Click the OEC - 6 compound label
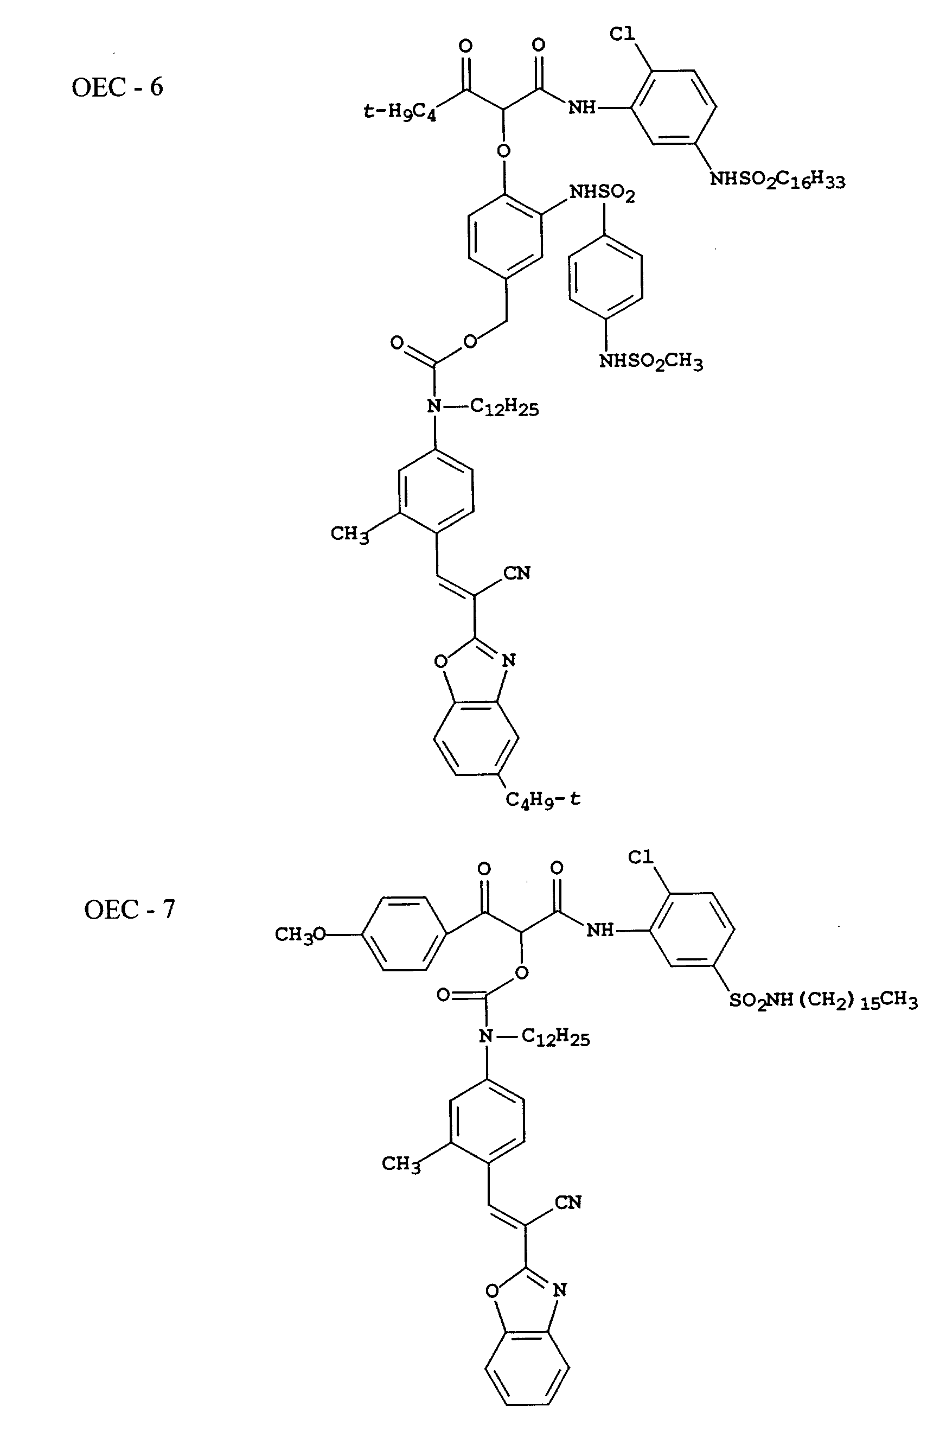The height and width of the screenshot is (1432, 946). click(117, 87)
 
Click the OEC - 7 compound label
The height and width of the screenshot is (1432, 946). click(129, 909)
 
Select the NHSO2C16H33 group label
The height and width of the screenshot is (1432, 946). click(777, 179)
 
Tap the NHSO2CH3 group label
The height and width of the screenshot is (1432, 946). click(650, 362)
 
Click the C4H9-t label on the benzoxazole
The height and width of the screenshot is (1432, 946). click(542, 800)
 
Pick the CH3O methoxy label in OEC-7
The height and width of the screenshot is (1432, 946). click(300, 935)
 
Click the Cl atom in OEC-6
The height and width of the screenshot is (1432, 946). click(622, 34)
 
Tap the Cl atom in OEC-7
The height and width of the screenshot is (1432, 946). click(641, 857)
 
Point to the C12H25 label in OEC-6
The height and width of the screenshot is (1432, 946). click(504, 408)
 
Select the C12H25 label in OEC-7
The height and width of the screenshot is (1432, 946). click(555, 1038)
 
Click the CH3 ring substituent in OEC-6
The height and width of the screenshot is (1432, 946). click(349, 534)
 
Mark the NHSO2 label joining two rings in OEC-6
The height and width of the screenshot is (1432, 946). click(602, 193)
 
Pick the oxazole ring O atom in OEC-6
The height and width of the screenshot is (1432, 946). click(441, 661)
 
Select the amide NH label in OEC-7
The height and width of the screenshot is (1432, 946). click(600, 930)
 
